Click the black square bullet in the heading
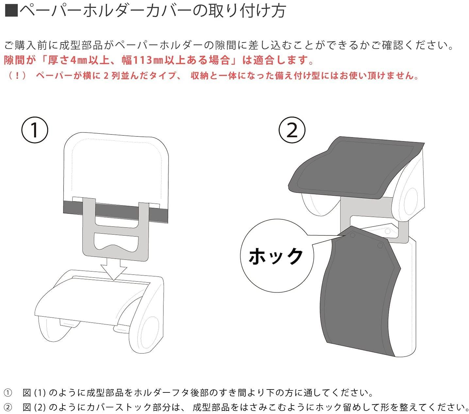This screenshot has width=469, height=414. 12,11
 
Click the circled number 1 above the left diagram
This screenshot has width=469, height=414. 35,130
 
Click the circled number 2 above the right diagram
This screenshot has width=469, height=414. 292,130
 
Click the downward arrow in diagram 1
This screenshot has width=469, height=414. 113,269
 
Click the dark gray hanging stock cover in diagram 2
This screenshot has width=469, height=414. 358,304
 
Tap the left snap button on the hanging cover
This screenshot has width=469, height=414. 352,235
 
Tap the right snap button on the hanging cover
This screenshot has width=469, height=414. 380,245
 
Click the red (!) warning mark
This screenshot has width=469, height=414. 17,76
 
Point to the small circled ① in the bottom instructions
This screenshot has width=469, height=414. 8,392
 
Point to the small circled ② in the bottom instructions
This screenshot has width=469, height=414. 8,407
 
